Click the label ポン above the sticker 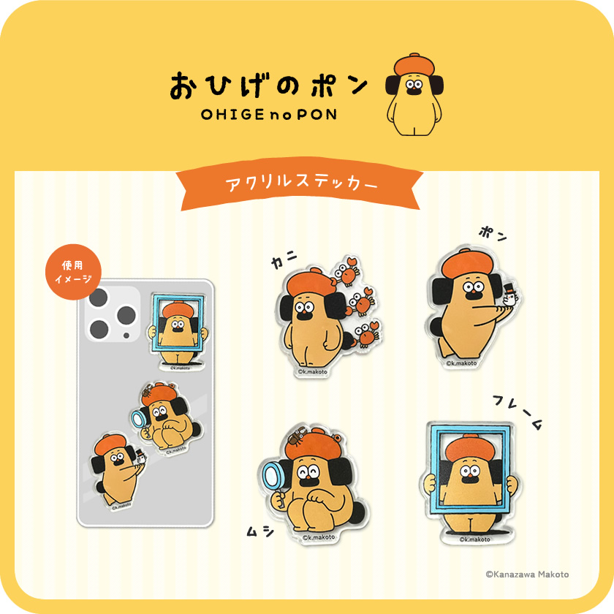pos(492,235)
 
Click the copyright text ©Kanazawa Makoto pos(527,575)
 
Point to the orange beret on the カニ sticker pos(310,282)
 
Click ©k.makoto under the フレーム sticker pos(474,540)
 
